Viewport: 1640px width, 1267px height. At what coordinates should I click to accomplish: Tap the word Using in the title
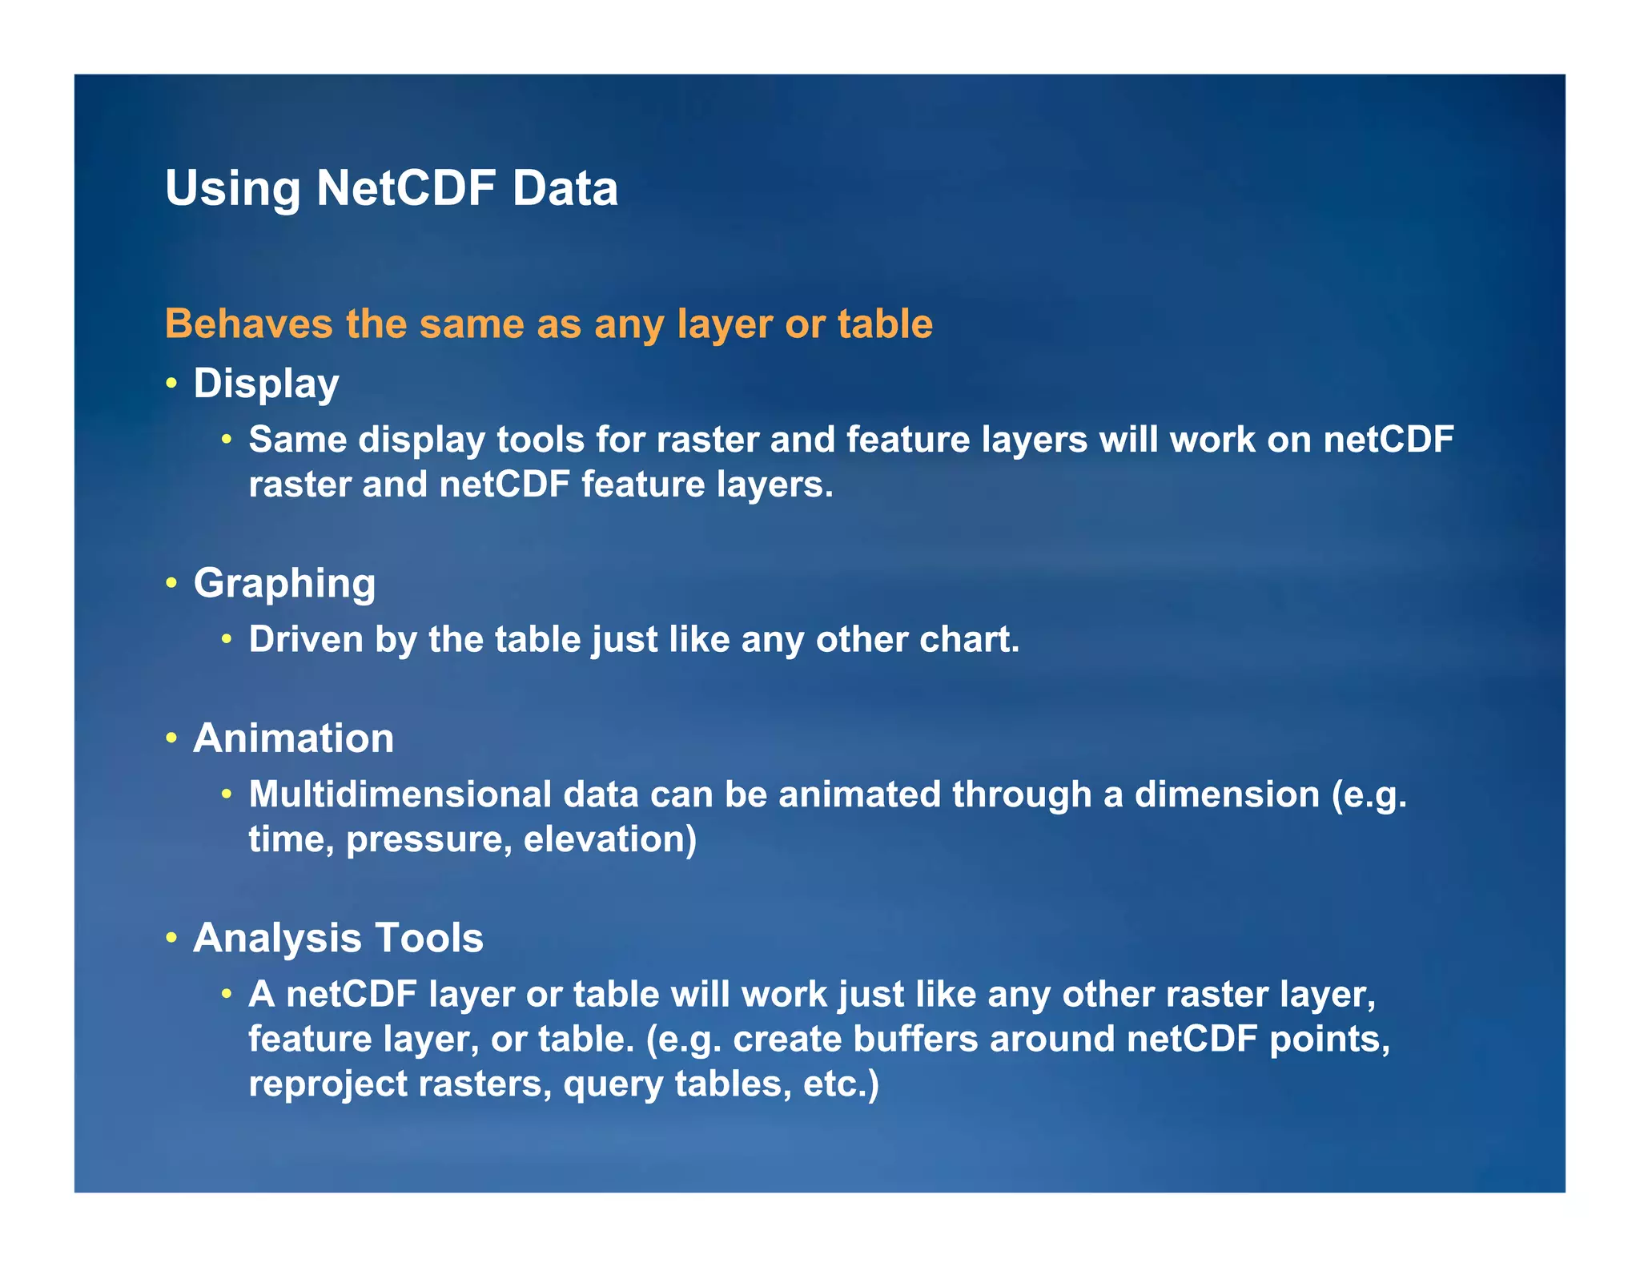[x=232, y=188]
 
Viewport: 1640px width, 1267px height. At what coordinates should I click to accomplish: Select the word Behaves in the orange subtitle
[x=249, y=324]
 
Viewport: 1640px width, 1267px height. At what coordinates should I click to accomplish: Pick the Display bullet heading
[x=266, y=384]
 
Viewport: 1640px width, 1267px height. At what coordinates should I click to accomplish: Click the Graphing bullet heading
[x=284, y=583]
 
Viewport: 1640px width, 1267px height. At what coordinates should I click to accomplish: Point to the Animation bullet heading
[x=293, y=738]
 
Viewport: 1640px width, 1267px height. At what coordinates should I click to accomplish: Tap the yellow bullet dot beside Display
[x=171, y=384]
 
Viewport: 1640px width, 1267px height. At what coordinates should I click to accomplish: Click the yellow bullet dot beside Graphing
[x=171, y=583]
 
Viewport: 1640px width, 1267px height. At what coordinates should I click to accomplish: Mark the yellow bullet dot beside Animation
[x=171, y=738]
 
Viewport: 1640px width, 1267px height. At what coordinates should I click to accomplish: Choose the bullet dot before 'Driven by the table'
[x=227, y=639]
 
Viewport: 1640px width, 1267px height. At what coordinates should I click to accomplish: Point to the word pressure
[x=428, y=839]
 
